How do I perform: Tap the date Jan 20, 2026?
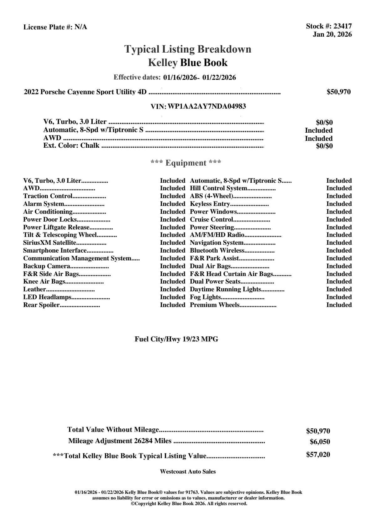pyautogui.click(x=332, y=34)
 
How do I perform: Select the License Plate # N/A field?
pyautogui.click(x=55, y=27)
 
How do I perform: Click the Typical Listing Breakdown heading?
pyautogui.click(x=188, y=49)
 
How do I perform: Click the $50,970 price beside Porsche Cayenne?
pyautogui.click(x=338, y=92)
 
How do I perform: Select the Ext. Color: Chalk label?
pyautogui.click(x=71, y=146)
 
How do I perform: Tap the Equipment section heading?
pyautogui.click(x=186, y=163)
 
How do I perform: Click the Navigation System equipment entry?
pyautogui.click(x=217, y=243)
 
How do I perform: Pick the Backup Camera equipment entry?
pyautogui.click(x=47, y=266)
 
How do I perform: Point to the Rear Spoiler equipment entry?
pyautogui.click(x=41, y=305)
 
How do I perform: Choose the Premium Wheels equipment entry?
pyautogui.click(x=215, y=305)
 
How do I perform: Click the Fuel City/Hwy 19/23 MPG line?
pyautogui.click(x=176, y=339)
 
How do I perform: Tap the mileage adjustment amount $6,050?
pyautogui.click(x=320, y=442)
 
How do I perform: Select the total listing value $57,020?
pyautogui.click(x=318, y=455)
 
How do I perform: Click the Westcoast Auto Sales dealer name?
pyautogui.click(x=188, y=472)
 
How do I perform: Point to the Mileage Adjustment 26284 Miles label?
pyautogui.click(x=120, y=441)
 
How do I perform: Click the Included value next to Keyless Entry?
pyautogui.click(x=339, y=204)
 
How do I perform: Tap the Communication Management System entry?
pyautogui.click(x=77, y=258)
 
